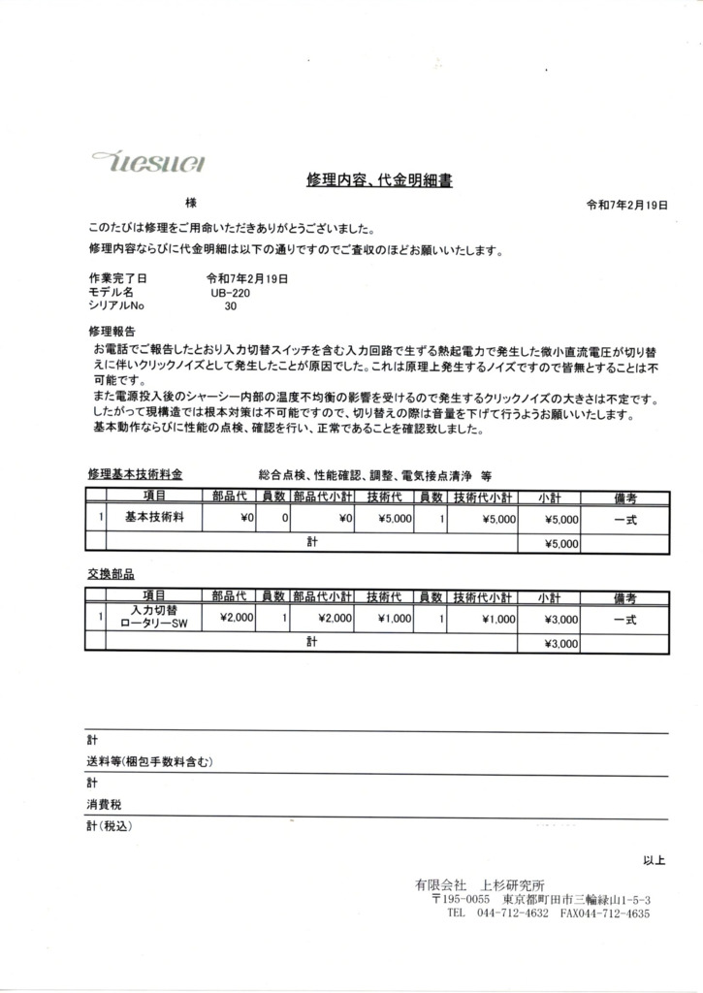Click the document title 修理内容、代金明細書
379,180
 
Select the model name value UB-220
229,291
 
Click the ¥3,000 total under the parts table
549,643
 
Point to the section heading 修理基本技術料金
135,475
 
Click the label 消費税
104,805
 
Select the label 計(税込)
108,826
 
